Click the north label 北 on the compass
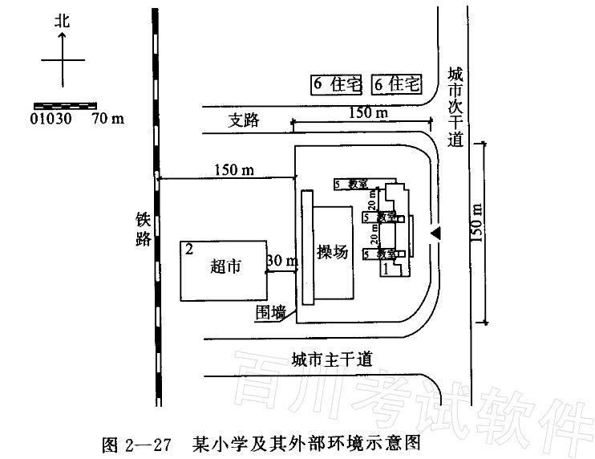click(62, 22)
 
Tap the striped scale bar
click(64, 105)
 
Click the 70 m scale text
click(108, 119)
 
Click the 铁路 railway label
click(144, 229)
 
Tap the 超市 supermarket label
click(225, 266)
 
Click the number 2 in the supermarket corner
click(189, 250)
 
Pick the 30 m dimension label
click(281, 261)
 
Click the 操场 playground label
click(332, 251)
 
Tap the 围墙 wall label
click(270, 312)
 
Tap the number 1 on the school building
click(387, 270)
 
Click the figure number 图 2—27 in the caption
click(137, 443)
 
